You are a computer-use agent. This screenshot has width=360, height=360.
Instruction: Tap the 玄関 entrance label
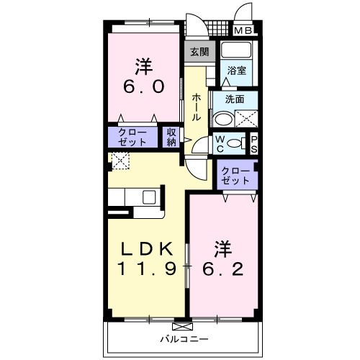tap(199, 52)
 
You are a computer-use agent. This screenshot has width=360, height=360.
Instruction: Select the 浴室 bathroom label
tap(237, 71)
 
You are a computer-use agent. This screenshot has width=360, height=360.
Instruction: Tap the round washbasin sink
tap(224, 120)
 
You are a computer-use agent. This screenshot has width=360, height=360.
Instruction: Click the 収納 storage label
tap(171, 137)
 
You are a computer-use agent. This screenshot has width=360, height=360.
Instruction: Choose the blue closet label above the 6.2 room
tap(236, 176)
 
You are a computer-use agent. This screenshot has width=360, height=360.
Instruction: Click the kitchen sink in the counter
tap(150, 197)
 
